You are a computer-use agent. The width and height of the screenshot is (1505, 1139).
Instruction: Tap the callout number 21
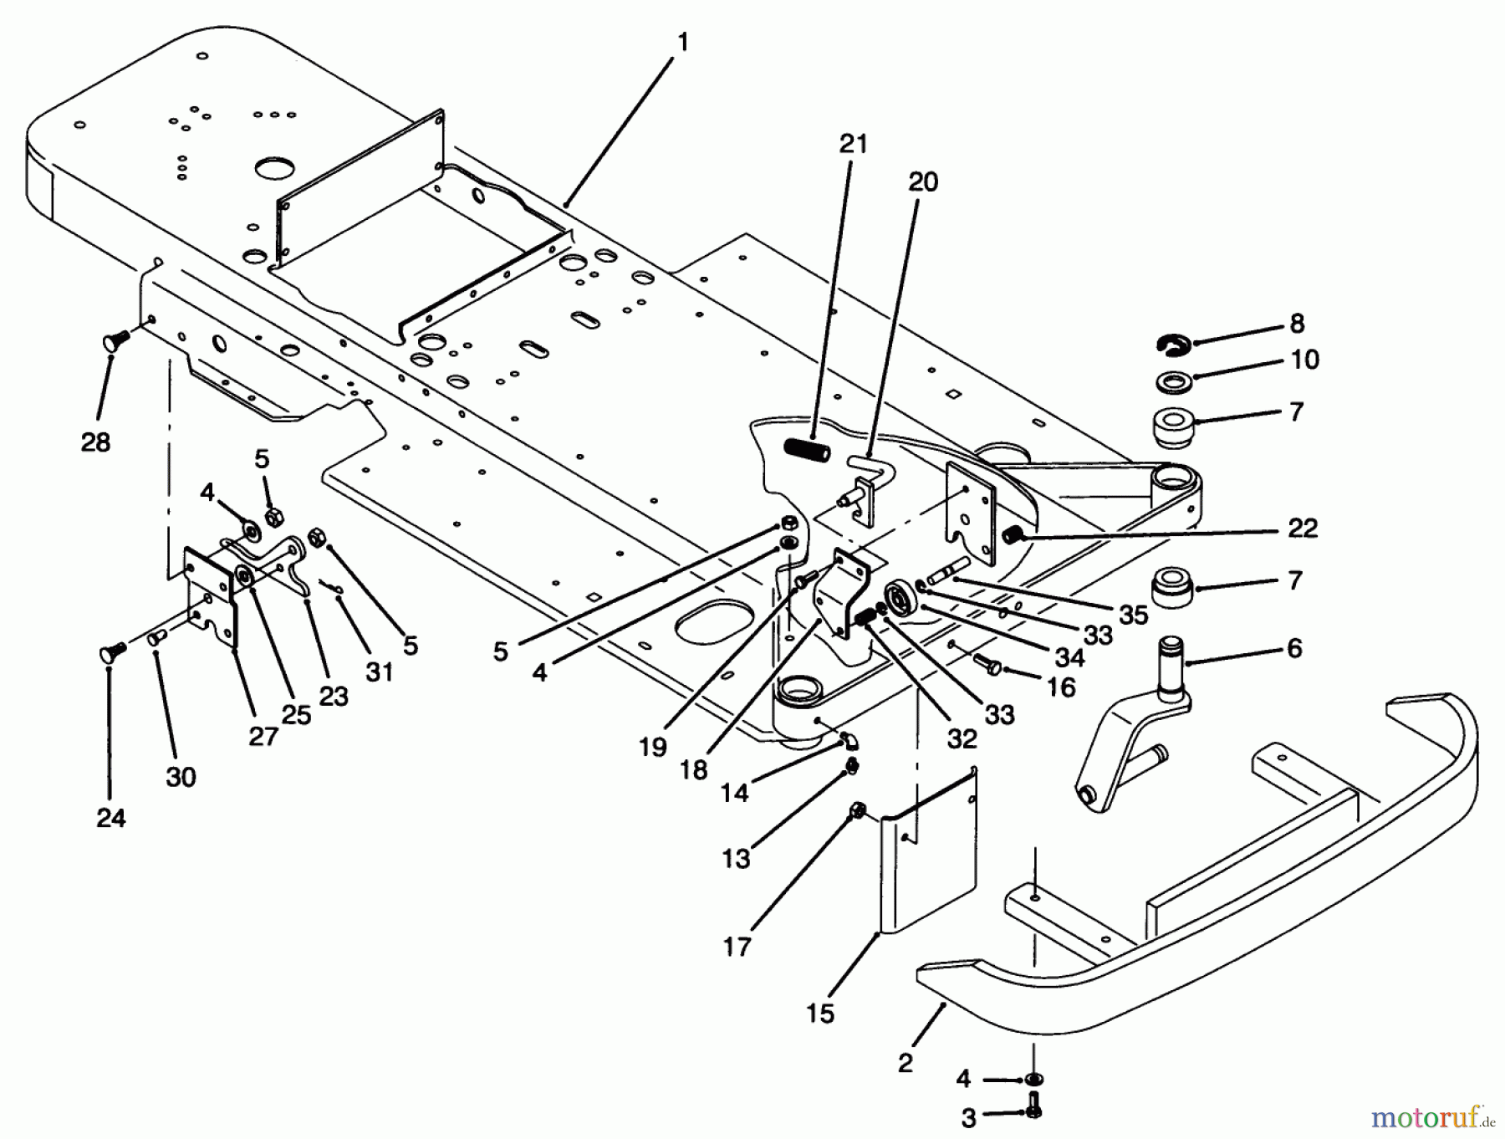pos(854,144)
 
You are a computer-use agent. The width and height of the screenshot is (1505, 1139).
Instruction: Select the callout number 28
pos(95,442)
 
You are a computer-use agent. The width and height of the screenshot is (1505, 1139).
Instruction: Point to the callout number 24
pos(110,817)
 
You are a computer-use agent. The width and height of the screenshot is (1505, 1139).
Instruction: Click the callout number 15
pos(820,1014)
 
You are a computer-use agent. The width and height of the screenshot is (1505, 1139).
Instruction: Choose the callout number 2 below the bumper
pos(906,1062)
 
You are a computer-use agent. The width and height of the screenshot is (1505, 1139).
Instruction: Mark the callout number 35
pos(1133,615)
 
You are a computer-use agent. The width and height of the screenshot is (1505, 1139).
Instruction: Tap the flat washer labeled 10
pos(1175,381)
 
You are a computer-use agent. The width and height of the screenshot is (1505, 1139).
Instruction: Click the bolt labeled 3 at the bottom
pos(1033,1106)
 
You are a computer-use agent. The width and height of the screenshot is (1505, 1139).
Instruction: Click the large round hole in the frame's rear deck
pos(273,167)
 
